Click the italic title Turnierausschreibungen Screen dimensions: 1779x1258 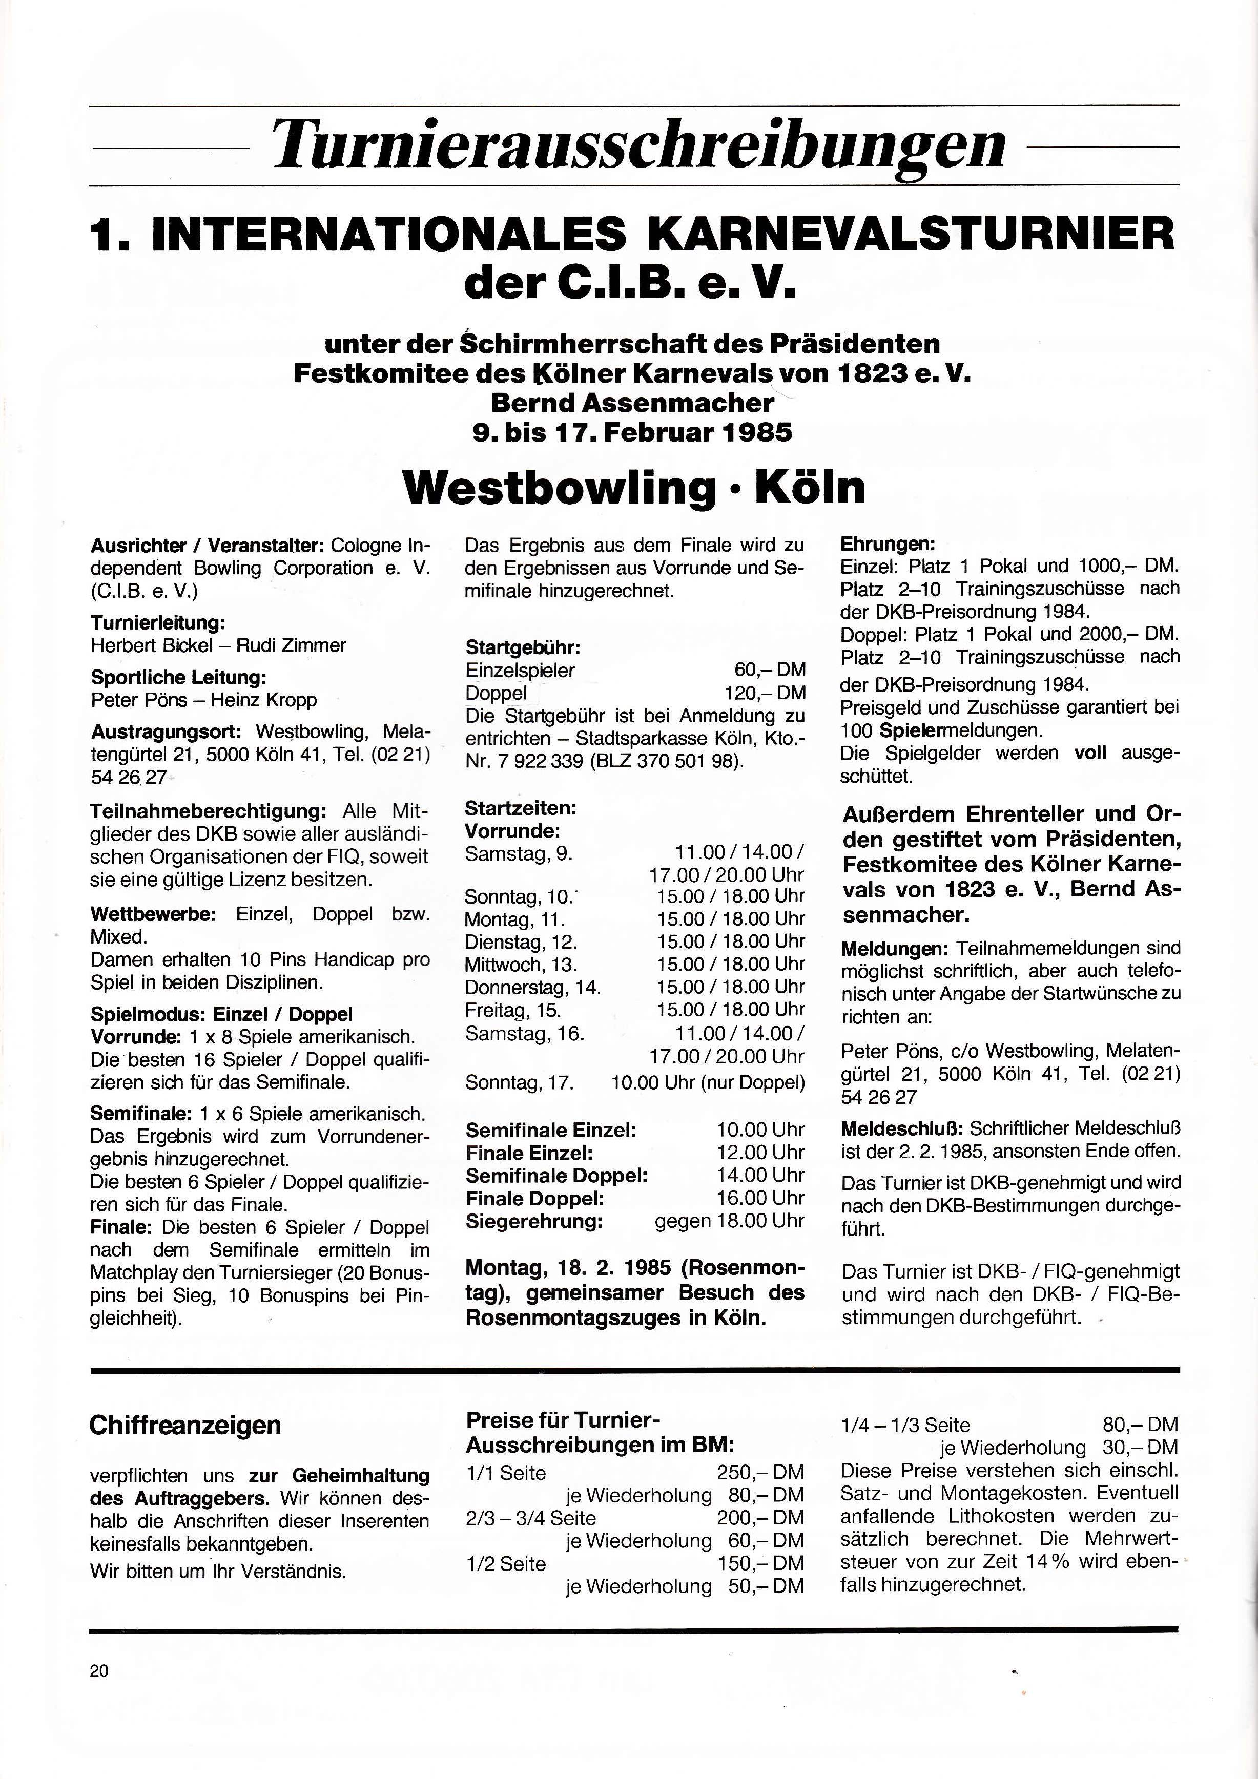click(x=640, y=145)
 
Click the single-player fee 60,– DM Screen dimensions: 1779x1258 click(x=770, y=670)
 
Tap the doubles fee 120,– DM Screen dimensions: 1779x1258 click(x=764, y=693)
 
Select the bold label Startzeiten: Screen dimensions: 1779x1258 click(x=521, y=808)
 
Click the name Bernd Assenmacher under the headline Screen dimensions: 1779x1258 click(x=632, y=403)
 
